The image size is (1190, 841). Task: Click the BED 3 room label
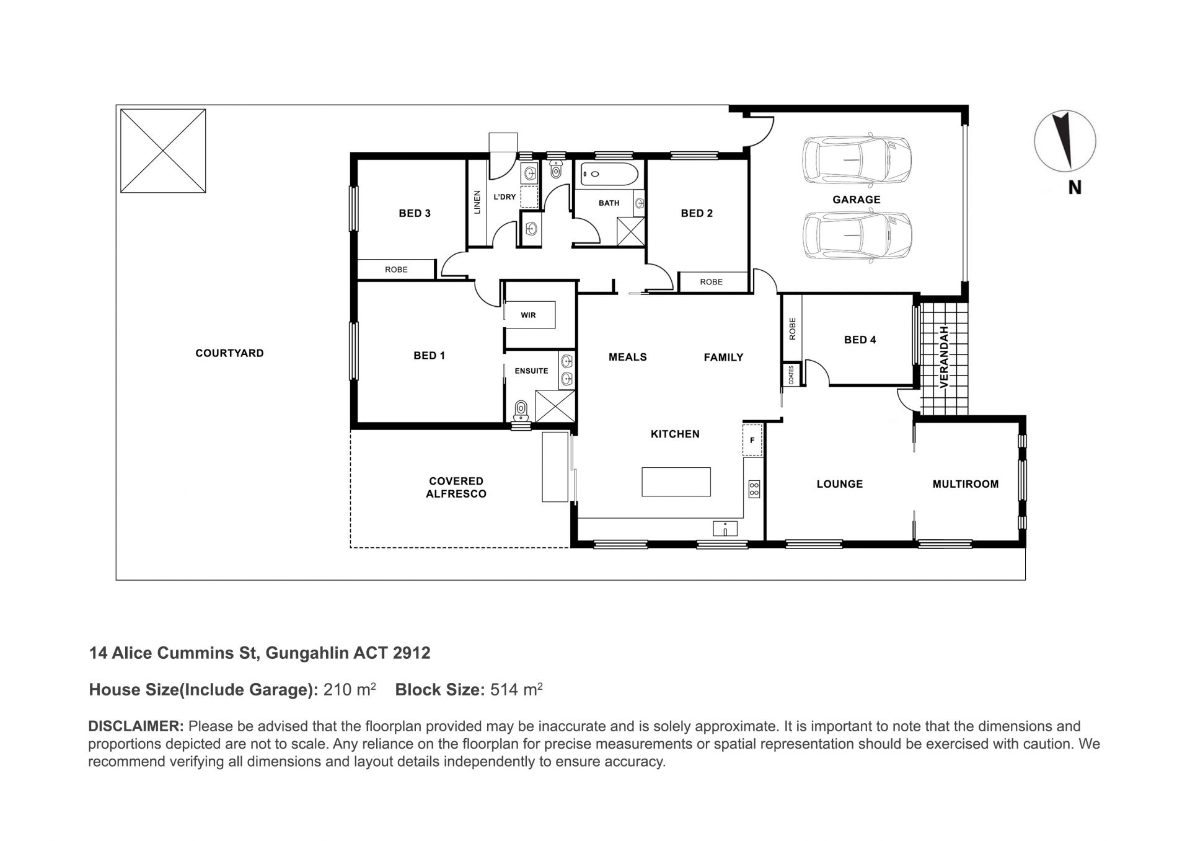tap(415, 213)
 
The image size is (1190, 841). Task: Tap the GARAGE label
tap(857, 200)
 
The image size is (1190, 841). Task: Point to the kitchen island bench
tap(676, 482)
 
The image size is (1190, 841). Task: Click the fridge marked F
tap(752, 440)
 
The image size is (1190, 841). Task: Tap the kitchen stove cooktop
tap(754, 488)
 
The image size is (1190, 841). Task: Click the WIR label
tap(528, 315)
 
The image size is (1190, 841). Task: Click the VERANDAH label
tap(945, 357)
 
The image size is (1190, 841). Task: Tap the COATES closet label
tap(791, 375)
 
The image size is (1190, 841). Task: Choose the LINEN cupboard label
tap(477, 202)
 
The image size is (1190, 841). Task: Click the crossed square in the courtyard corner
tap(163, 151)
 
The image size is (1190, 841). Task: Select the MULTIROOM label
tap(966, 484)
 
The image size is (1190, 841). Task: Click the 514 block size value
tap(503, 690)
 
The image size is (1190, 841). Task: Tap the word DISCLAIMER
tap(136, 726)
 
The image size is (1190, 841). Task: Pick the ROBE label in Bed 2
tap(712, 282)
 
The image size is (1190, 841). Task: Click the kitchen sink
tap(725, 528)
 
